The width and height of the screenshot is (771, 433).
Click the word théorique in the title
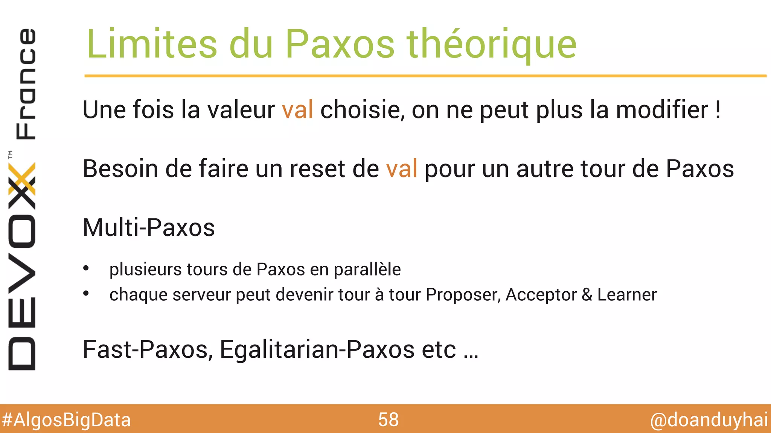(x=491, y=44)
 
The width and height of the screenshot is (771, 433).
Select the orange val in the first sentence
(x=297, y=110)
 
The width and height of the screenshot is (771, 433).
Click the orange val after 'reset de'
(x=401, y=168)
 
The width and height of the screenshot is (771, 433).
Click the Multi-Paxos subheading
(x=149, y=227)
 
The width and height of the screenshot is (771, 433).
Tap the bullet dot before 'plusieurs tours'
(x=86, y=268)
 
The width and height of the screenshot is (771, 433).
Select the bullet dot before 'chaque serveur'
(x=86, y=294)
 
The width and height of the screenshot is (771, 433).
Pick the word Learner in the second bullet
(x=627, y=295)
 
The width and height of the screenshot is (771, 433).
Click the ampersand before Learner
(x=587, y=295)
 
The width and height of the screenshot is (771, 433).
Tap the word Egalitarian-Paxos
(x=317, y=350)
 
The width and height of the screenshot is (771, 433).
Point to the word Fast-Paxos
(x=145, y=350)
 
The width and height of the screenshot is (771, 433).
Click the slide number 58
(x=388, y=420)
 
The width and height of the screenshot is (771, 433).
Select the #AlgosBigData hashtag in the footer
(x=66, y=420)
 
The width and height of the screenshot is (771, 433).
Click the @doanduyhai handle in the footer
(x=709, y=420)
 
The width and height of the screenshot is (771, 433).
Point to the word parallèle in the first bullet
(x=367, y=269)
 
